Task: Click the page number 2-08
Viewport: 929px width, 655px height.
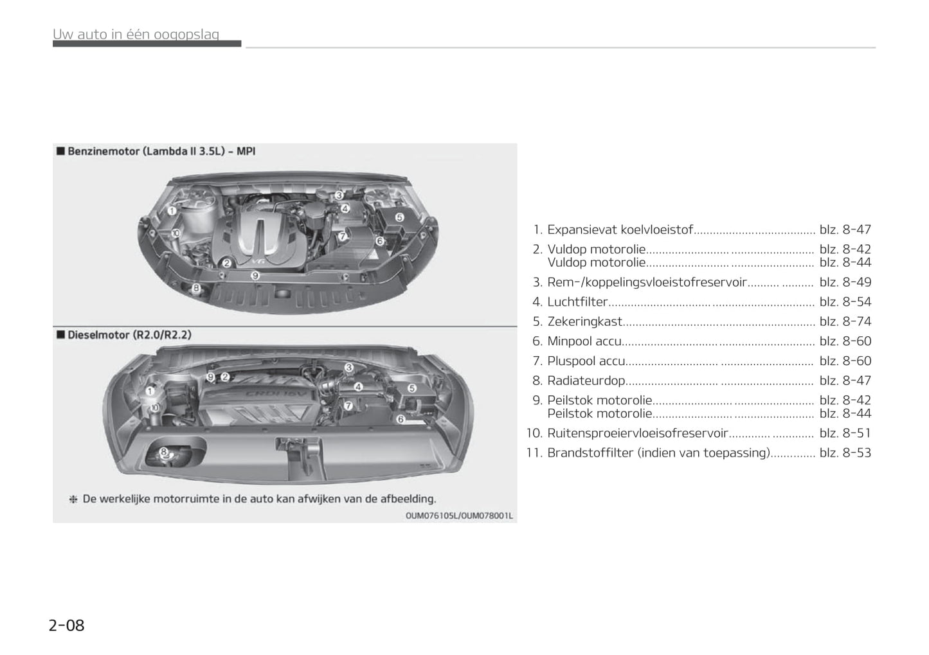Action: click(66, 625)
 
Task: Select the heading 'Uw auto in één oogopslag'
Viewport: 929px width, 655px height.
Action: click(136, 34)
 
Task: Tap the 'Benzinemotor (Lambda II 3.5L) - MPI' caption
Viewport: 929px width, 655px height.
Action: click(161, 151)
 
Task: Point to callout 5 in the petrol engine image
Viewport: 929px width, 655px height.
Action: click(399, 217)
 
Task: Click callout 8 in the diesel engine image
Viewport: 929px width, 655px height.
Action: click(164, 451)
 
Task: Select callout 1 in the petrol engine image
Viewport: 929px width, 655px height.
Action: click(172, 211)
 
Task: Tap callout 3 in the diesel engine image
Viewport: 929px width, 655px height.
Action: click(349, 367)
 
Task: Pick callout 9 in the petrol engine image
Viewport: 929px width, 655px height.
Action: click(255, 275)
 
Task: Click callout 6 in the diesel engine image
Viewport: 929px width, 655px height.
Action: click(401, 419)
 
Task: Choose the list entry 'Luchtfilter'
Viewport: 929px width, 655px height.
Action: click(577, 302)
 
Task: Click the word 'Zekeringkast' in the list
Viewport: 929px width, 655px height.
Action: click(585, 321)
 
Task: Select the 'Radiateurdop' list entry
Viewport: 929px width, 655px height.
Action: click(586, 381)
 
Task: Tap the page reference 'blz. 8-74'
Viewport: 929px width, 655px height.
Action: click(845, 321)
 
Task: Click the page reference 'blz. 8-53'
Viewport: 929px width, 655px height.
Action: click(845, 453)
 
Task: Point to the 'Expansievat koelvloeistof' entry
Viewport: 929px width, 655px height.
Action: click(620, 229)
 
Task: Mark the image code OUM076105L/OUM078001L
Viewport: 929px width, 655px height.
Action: click(459, 516)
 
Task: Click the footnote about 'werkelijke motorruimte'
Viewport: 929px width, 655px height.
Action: click(253, 499)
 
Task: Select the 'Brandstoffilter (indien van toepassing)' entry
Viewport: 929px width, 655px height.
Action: click(658, 453)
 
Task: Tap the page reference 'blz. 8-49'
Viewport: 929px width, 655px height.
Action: click(845, 282)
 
